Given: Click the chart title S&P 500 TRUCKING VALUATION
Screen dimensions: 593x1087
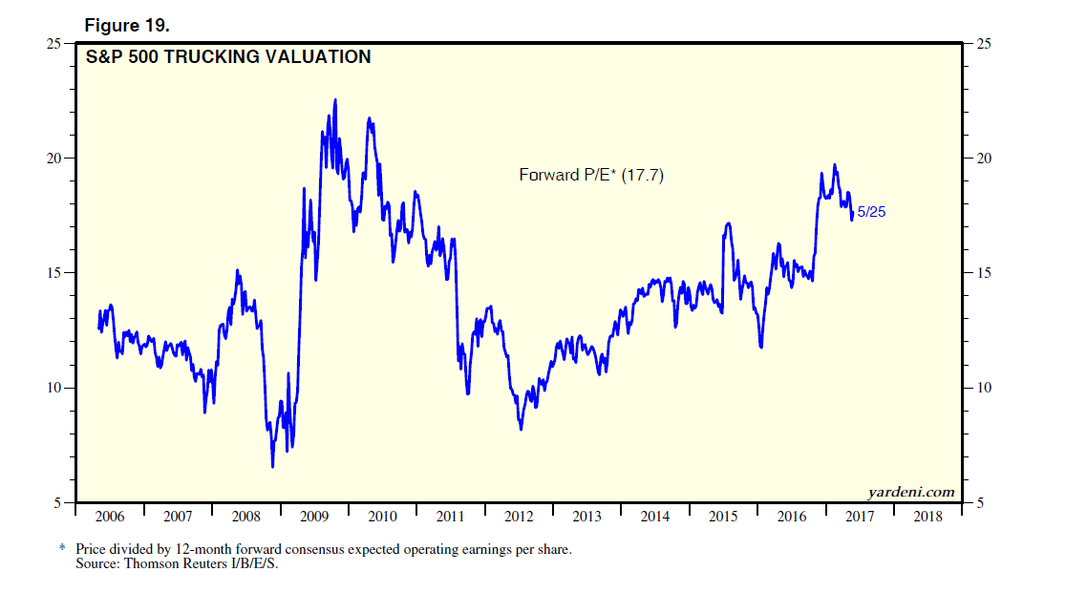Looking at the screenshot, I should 227,57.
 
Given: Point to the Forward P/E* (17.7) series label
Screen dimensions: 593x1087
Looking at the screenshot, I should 591,175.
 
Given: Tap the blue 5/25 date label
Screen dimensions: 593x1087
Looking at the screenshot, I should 871,212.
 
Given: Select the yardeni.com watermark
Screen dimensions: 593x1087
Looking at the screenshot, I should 910,492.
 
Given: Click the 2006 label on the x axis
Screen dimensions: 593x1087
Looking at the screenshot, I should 110,517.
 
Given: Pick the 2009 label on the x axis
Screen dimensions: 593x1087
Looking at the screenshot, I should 314,517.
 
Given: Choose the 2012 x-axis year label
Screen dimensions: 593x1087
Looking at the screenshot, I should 519,517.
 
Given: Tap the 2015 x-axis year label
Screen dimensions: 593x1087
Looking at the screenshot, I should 723,517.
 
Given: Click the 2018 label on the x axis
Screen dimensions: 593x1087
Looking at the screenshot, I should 927,517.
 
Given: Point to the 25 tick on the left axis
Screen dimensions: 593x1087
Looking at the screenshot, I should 54,43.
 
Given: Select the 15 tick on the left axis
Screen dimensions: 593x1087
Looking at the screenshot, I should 54,273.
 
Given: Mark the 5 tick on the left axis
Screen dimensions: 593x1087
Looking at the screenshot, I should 57,502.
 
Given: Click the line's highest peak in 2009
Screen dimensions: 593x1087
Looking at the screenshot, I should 334,99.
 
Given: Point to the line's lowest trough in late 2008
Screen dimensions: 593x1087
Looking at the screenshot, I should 272,466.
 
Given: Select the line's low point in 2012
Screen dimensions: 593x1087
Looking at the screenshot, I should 521,429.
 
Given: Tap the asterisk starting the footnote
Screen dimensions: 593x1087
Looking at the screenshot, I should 63,550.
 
